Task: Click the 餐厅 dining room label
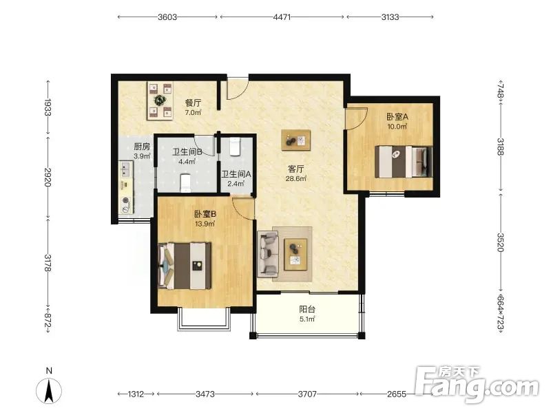[x=193, y=103]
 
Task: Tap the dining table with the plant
[x=160, y=100]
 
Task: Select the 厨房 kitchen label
[x=142, y=147]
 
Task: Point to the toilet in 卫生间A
[x=234, y=147]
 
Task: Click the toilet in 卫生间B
[x=185, y=183]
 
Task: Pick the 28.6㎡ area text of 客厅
[x=296, y=178]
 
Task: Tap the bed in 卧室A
[x=404, y=162]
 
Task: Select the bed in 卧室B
[x=185, y=266]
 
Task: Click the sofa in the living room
[x=268, y=253]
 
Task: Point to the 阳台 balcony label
[x=307, y=309]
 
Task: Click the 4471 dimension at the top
[x=282, y=17]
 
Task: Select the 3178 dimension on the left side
[x=48, y=262]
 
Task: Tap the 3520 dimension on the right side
[x=501, y=242]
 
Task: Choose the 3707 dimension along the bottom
[x=307, y=394]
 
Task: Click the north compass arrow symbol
[x=49, y=390]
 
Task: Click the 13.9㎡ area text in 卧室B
[x=205, y=223]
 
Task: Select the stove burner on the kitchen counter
[x=125, y=201]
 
